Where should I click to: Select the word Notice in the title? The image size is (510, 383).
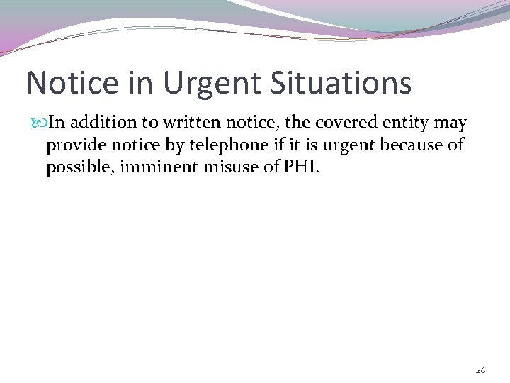point(72,83)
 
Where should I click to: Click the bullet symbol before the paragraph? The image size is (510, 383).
point(39,123)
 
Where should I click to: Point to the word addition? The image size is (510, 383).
point(98,123)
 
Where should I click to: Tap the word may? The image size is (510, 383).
point(451,123)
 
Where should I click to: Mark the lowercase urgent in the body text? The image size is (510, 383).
point(349,146)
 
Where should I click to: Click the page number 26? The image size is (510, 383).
point(480,371)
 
